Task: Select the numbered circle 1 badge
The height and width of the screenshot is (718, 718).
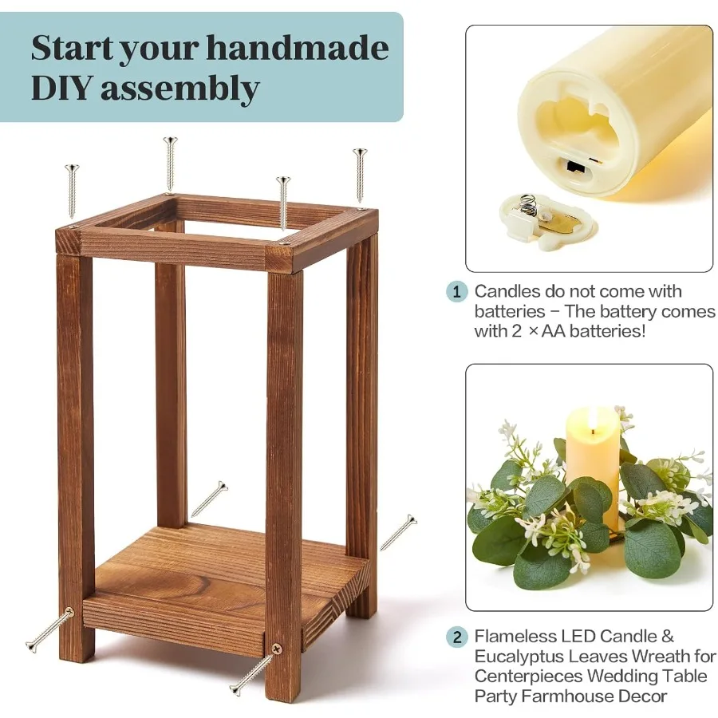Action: [456, 292]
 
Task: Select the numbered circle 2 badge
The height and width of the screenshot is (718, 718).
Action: [456, 637]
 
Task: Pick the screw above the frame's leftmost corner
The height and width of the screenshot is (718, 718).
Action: [73, 190]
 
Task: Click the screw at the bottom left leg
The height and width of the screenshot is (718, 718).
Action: [49, 629]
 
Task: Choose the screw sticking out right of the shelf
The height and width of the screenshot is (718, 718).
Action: [398, 532]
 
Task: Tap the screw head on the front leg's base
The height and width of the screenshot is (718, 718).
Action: [276, 650]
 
